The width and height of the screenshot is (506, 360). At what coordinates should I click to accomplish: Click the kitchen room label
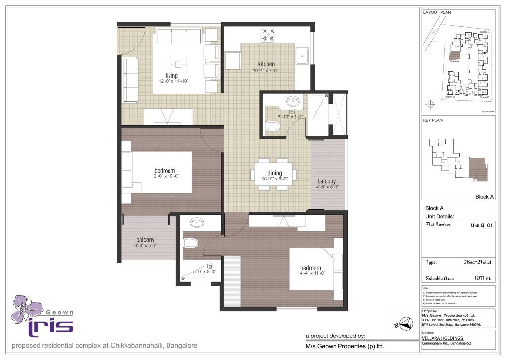[x=266, y=64]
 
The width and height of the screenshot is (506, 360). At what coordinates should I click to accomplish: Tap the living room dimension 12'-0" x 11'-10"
[x=171, y=81]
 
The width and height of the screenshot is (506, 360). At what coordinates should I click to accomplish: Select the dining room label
[x=274, y=173]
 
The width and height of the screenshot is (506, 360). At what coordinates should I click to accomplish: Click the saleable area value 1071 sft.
[x=482, y=278]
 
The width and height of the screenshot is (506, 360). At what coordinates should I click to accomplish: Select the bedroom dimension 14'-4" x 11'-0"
[x=310, y=274]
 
